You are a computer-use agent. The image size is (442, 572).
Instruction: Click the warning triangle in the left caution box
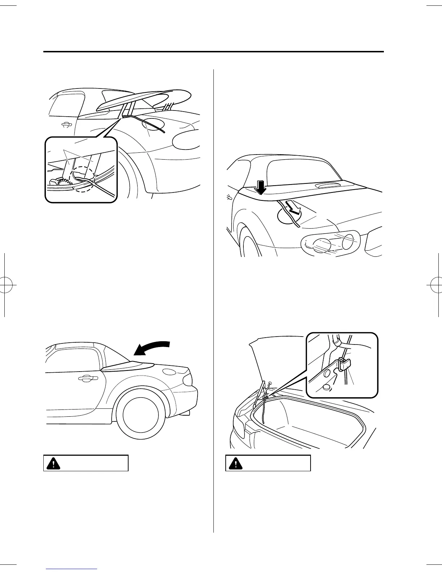pos(53,463)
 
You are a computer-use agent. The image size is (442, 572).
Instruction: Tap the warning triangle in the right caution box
pos(235,463)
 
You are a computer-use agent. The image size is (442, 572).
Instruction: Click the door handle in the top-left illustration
pos(65,125)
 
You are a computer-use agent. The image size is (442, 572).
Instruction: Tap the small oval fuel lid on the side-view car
pos(168,372)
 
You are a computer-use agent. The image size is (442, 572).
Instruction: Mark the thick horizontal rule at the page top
pos(213,52)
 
